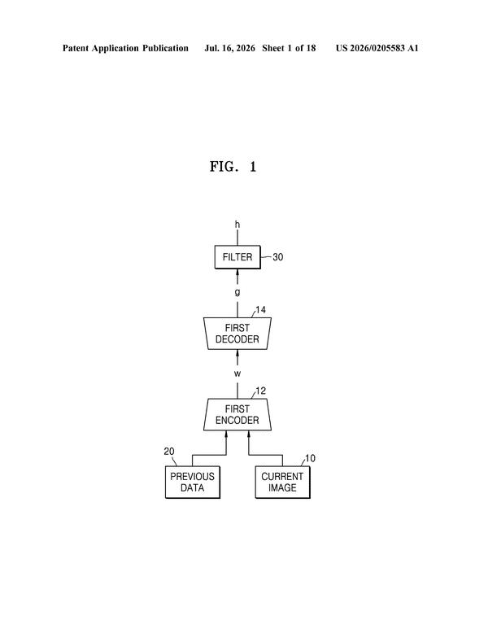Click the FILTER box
click(237, 257)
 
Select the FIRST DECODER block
click(237, 334)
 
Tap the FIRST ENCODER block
click(237, 414)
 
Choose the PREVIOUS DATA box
click(193, 483)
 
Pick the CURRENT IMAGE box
click(283, 483)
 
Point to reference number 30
click(278, 257)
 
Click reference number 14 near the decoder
click(260, 310)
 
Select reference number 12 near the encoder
click(260, 391)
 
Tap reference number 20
click(169, 452)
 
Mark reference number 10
click(310, 458)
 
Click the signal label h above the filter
click(237, 225)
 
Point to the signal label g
click(237, 292)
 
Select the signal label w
click(237, 373)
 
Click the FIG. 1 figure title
click(233, 167)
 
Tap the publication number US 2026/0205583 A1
click(377, 48)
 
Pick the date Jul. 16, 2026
click(229, 48)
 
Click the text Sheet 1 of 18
click(289, 48)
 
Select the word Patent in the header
click(76, 48)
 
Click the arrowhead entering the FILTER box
click(237, 273)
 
